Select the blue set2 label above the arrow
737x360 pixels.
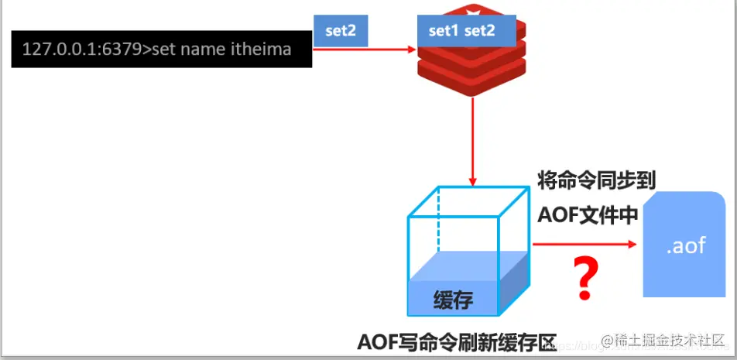pos(340,31)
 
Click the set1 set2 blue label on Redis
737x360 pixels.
pos(461,31)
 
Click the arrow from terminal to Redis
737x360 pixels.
pos(364,50)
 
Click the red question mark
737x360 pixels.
pos(585,280)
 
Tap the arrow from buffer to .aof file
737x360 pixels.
pos(584,245)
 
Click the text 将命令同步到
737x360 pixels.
pos(597,181)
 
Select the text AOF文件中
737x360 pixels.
pos(588,215)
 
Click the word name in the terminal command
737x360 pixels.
pos(206,50)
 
